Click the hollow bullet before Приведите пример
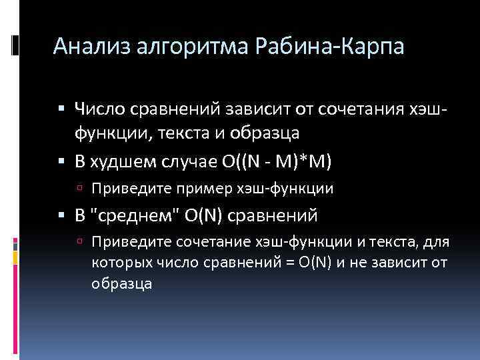pos(79,189)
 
